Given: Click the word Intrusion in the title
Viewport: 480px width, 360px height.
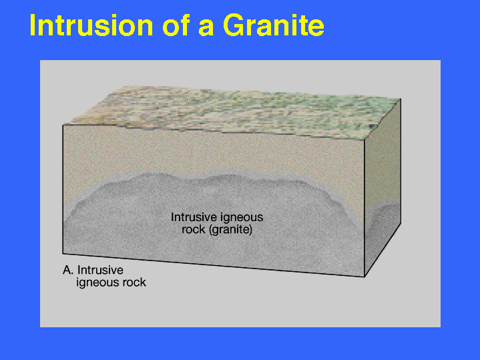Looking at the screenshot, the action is [x=91, y=25].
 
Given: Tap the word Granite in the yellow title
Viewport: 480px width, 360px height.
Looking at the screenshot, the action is [x=273, y=25].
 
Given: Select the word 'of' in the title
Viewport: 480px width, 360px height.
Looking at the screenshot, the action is [x=176, y=25].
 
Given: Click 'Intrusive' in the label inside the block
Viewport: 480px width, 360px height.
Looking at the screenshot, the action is [x=193, y=217].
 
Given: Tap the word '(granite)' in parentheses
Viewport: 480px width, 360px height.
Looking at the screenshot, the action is [x=230, y=230].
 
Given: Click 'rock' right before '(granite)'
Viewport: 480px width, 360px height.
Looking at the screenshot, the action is [x=194, y=230].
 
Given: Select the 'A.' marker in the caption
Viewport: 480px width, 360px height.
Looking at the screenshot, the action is [x=68, y=271].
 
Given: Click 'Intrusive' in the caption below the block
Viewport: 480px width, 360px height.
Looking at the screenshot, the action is [x=100, y=271].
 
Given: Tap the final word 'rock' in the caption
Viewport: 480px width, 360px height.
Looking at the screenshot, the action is [x=134, y=283].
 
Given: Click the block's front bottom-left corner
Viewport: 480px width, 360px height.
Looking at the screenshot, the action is [x=63, y=254].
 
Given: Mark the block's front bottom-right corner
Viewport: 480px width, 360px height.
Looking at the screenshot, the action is [x=365, y=277].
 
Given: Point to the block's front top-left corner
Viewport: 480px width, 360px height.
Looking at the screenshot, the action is [x=63, y=125].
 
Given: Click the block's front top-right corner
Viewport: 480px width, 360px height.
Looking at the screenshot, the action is [x=365, y=140].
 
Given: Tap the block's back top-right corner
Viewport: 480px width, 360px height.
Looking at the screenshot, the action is [x=401, y=99].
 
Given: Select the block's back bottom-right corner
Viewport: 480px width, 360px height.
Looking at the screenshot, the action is [x=401, y=224].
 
